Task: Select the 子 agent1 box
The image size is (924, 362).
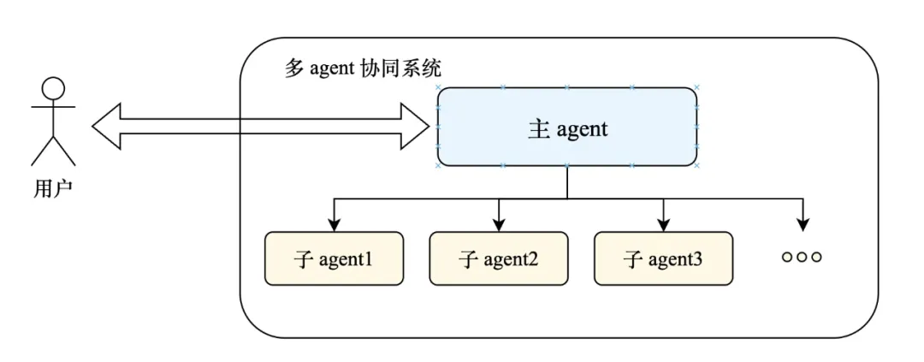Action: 333,258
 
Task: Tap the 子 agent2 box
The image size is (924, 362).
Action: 498,258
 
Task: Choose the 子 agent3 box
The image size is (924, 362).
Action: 663,258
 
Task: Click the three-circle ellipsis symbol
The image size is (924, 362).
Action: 802,257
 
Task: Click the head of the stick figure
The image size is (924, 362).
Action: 54,88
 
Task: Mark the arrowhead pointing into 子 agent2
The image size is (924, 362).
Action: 498,225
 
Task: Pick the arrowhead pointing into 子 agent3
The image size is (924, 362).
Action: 663,225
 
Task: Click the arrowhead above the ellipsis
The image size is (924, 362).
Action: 802,225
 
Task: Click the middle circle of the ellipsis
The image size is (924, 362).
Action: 802,257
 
